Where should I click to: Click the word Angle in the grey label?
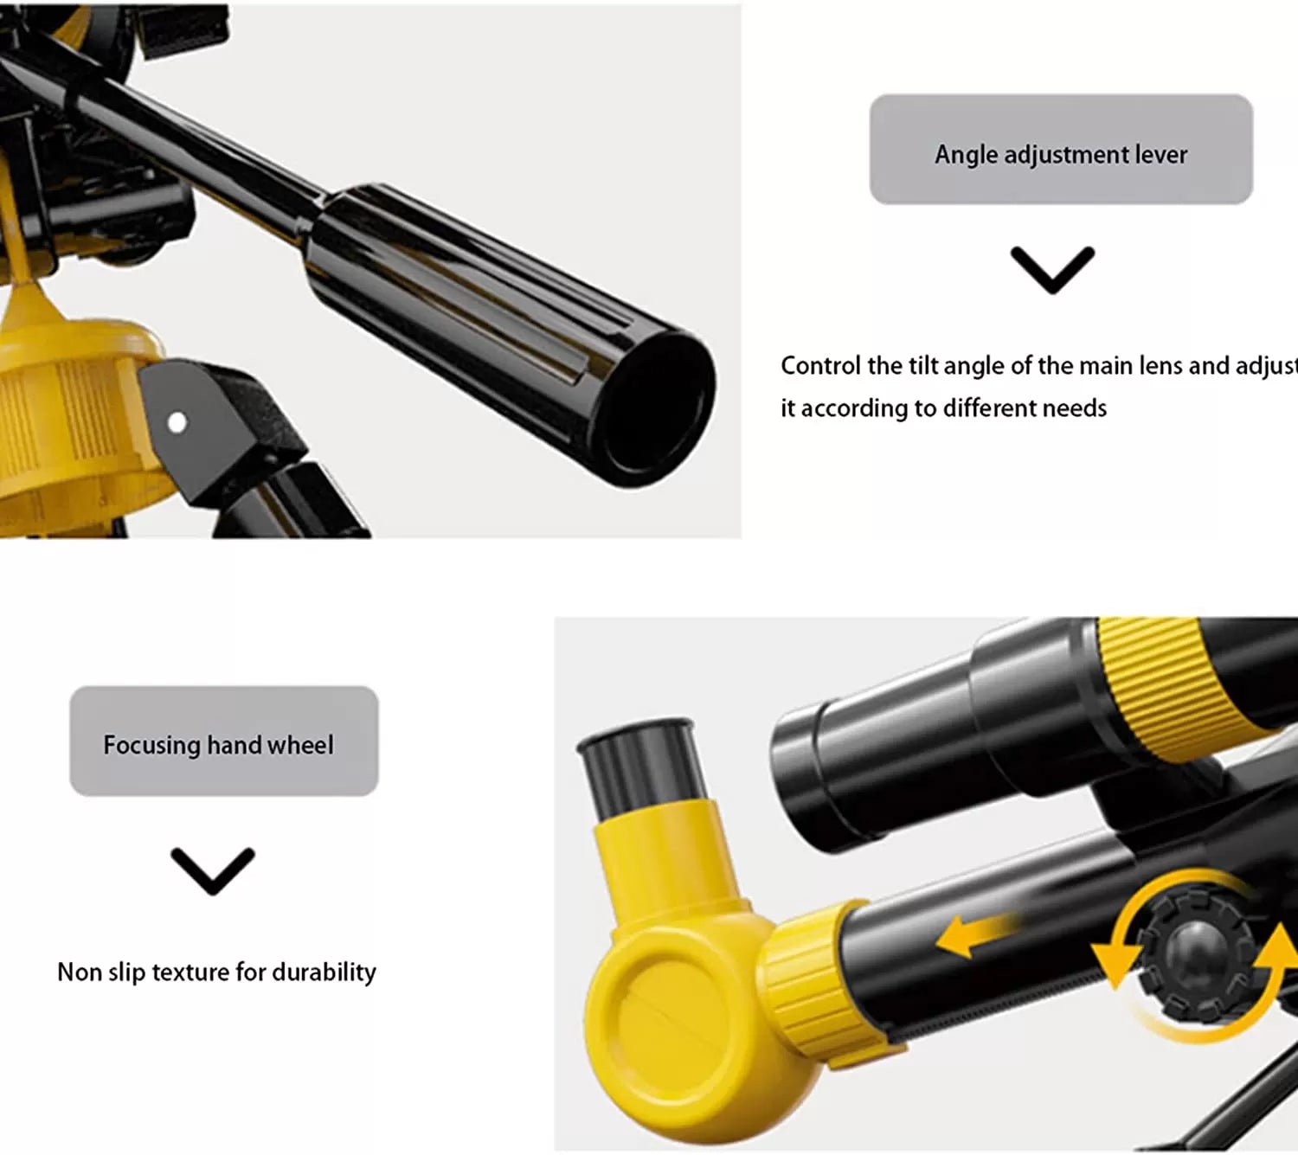point(966,155)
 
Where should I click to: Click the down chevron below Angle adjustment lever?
point(1052,270)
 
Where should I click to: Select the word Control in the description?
point(820,366)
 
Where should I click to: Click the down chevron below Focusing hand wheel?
point(213,871)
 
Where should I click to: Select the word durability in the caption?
point(324,972)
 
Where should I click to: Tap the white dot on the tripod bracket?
point(177,423)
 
